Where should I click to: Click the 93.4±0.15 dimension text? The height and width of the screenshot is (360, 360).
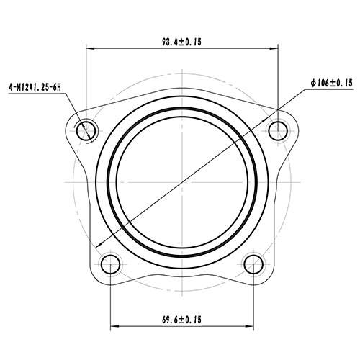(181, 42)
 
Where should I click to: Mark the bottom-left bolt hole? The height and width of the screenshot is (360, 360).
(110, 264)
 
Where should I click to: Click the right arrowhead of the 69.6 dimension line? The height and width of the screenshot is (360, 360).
(249, 325)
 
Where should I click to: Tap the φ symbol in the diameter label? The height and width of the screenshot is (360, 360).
(314, 84)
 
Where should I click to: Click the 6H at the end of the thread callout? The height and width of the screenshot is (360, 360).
(58, 86)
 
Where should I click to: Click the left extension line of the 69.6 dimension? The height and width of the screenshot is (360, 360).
(110, 302)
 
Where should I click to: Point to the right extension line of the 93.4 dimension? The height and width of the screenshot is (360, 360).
(278, 79)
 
